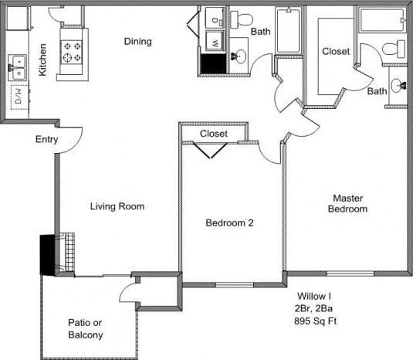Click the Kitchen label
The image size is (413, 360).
point(42,59)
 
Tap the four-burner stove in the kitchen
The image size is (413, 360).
point(71,52)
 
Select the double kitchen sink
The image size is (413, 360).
point(17,67)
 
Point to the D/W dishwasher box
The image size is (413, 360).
point(19,97)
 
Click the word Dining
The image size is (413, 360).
point(137,42)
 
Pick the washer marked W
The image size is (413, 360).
point(215,41)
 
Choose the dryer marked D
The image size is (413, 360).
point(215,18)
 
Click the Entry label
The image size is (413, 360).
point(47,139)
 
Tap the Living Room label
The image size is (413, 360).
point(117,206)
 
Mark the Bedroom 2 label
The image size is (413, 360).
point(229,223)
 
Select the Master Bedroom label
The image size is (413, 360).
point(347,203)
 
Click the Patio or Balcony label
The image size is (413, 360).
point(86,329)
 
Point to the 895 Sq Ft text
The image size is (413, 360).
point(316,321)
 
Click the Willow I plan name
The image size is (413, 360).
point(314,296)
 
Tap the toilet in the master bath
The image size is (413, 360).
point(394,49)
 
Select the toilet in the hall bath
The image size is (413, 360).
point(242,19)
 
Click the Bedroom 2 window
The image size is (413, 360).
point(235,285)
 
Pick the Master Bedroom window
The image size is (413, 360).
point(350,273)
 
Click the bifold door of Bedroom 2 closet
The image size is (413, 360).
point(211,151)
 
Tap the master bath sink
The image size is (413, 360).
point(398,86)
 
